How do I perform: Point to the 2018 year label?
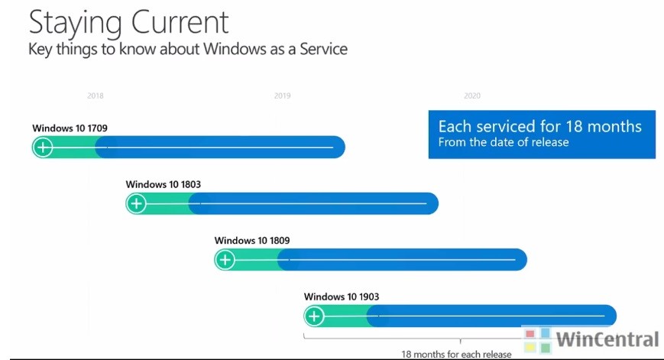[x=96, y=96]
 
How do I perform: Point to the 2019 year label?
[x=282, y=96]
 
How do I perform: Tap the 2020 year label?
[x=472, y=96]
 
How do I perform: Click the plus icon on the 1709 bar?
[x=44, y=148]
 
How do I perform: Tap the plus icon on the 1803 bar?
[x=137, y=203]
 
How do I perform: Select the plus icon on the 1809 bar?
[x=225, y=260]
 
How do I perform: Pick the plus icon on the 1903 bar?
[x=315, y=316]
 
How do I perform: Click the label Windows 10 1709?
[x=75, y=128]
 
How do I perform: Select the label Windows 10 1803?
[x=163, y=184]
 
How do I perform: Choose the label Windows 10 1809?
[x=252, y=241]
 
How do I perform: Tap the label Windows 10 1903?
[x=342, y=297]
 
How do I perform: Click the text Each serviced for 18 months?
[x=539, y=126]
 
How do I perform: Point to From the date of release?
[x=503, y=142]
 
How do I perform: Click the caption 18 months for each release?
[x=456, y=354]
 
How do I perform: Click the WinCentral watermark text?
[x=607, y=339]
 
